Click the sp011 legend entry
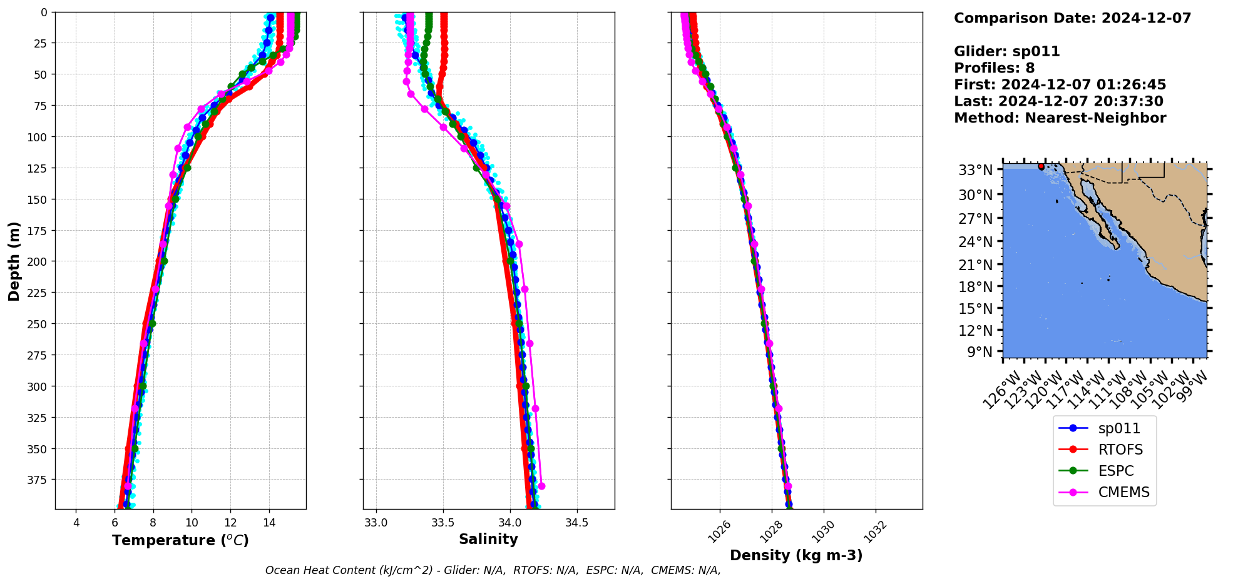click(x=1118, y=428)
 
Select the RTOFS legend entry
click(x=1120, y=450)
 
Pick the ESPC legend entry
click(x=1115, y=471)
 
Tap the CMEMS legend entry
click(x=1123, y=492)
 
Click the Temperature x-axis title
click(x=180, y=540)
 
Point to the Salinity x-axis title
click(x=488, y=539)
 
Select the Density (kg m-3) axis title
click(x=796, y=555)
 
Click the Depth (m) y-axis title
click(x=14, y=261)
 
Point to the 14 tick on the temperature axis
click(x=269, y=523)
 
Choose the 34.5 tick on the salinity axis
click(x=576, y=523)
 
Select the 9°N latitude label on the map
click(x=980, y=352)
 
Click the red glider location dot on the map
click(x=1041, y=166)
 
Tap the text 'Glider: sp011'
click(x=1006, y=51)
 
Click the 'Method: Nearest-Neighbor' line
click(x=1060, y=118)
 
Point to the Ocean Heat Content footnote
click(x=493, y=570)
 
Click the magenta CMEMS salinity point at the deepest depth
click(x=541, y=486)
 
